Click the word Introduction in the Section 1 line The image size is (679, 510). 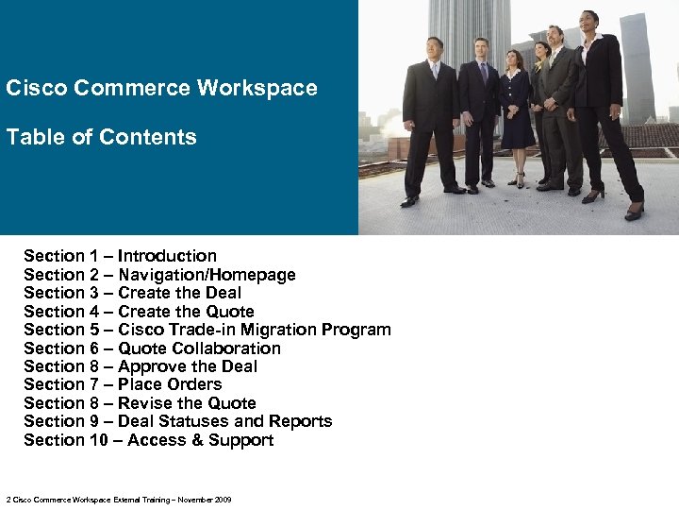167,256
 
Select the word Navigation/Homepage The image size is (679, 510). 207,275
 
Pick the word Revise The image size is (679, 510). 147,403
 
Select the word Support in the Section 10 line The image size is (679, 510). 241,440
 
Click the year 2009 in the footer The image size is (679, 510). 223,500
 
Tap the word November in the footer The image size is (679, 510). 194,500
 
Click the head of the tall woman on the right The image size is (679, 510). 589,20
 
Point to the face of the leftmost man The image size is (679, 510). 434,47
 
